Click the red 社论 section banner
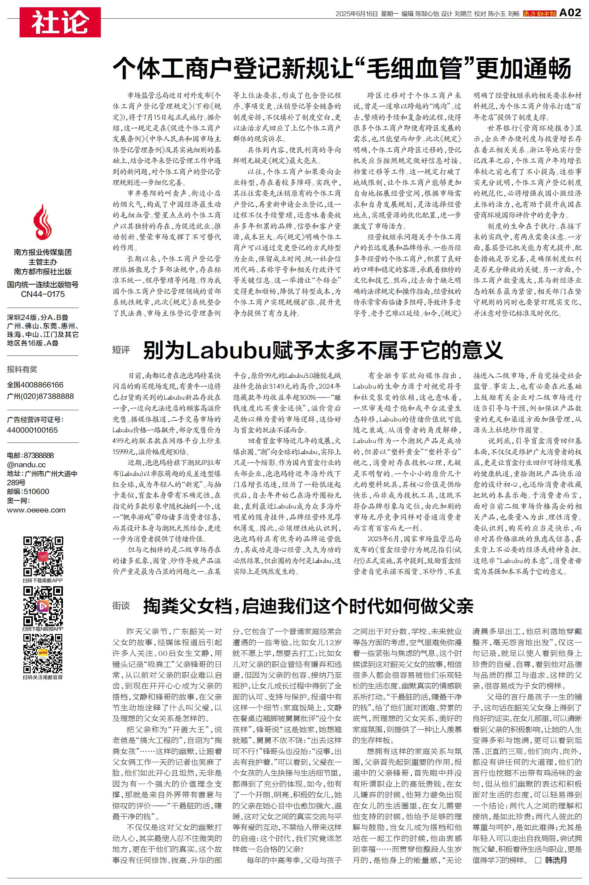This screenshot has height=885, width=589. pyautogui.click(x=60, y=22)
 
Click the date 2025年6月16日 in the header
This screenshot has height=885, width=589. pyautogui.click(x=356, y=14)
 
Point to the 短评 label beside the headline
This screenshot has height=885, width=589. pyautogui.click(x=121, y=350)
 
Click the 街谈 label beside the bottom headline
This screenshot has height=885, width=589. pyautogui.click(x=121, y=605)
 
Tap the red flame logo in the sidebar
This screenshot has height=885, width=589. pyautogui.click(x=42, y=223)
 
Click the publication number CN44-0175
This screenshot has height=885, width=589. pyautogui.click(x=43, y=294)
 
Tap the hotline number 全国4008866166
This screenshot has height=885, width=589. pyautogui.click(x=35, y=385)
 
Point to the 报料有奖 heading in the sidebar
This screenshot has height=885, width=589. pyautogui.click(x=22, y=369)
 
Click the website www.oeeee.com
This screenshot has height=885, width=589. pyautogui.click(x=36, y=510)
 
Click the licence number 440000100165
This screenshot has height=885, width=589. pyautogui.click(x=32, y=430)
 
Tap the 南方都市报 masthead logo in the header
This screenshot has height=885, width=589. pyautogui.click(x=539, y=14)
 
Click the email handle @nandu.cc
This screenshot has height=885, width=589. pyautogui.click(x=26, y=465)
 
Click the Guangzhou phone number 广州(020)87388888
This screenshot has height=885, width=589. pyautogui.click(x=40, y=396)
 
